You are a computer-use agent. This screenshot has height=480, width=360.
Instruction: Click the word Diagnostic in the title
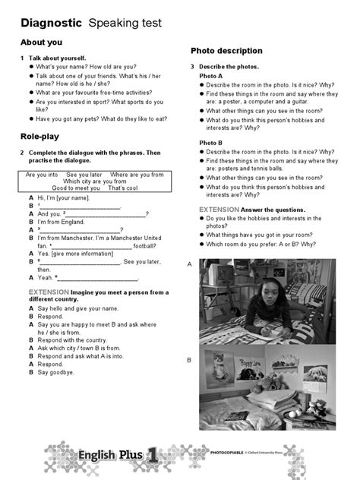pyautogui.click(x=49, y=24)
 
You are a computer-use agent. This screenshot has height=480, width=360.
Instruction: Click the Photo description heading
pyautogui.click(x=226, y=51)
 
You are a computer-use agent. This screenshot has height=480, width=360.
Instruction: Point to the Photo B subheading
pyautogui.click(x=211, y=143)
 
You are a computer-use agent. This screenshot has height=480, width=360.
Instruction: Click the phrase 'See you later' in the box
pyautogui.click(x=84, y=175)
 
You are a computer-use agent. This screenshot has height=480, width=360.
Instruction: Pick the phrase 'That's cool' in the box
pyautogui.click(x=123, y=188)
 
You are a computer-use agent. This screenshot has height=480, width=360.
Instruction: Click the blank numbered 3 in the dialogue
pyautogui.click(x=83, y=230)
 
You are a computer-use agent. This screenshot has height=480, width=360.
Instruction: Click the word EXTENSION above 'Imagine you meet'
pyautogui.click(x=49, y=292)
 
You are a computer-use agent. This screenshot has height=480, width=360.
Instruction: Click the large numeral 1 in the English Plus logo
pyautogui.click(x=152, y=456)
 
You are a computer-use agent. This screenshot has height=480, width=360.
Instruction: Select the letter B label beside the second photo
pyautogui.click(x=189, y=360)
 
